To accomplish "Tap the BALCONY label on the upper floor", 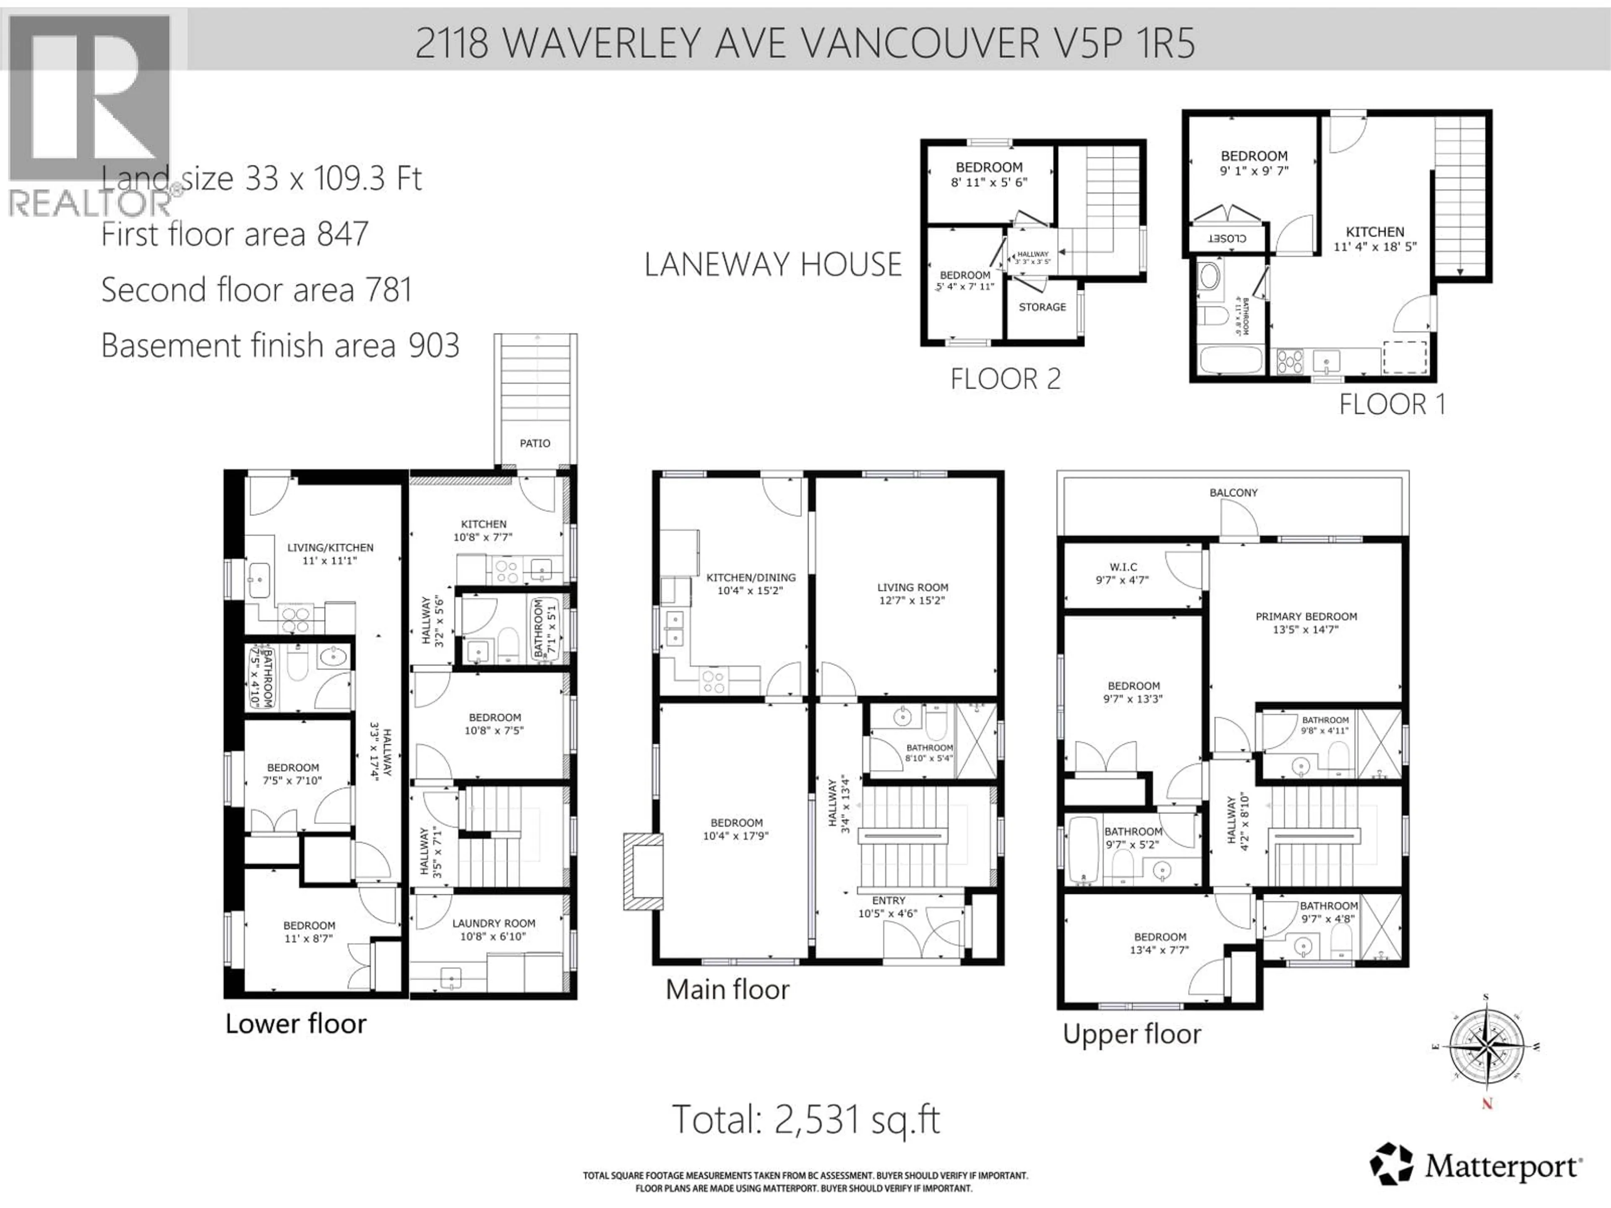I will (1233, 492).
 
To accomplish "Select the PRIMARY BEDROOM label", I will (1306, 616).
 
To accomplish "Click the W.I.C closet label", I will (1123, 567).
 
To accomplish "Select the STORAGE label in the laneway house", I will (1041, 307).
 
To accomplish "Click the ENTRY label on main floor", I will (889, 900).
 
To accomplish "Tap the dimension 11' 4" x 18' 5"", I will (1374, 247).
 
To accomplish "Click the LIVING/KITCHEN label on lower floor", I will (330, 547).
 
